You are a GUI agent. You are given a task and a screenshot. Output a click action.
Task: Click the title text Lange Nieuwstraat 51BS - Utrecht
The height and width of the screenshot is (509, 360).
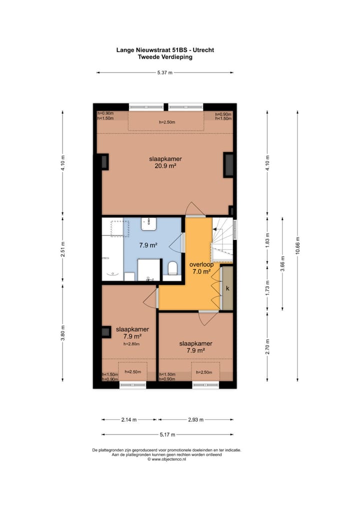[165, 50]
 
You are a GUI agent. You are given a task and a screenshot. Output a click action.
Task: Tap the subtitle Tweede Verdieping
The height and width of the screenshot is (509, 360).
[165, 57]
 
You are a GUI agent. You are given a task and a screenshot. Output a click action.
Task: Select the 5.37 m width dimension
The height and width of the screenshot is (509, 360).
[165, 73]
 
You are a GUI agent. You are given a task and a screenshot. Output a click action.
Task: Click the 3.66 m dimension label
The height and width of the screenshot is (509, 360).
[282, 263]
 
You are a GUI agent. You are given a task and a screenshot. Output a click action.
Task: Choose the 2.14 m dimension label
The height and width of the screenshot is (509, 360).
[129, 419]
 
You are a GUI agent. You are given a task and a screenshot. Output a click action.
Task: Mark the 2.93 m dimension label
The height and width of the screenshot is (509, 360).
[195, 419]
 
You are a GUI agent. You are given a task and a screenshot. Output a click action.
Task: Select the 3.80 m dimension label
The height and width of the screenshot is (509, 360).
[62, 333]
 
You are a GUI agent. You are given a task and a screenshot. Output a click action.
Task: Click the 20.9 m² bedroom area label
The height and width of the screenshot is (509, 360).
[165, 166]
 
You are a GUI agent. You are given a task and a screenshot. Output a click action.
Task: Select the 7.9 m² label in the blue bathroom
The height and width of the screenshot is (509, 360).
[148, 245]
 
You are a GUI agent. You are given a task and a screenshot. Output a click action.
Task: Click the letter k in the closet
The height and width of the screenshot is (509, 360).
[227, 288]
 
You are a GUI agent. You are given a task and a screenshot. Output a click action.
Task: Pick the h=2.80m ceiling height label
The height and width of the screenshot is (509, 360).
[131, 344]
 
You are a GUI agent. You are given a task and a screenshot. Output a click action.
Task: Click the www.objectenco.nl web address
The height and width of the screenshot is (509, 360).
[167, 459]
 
